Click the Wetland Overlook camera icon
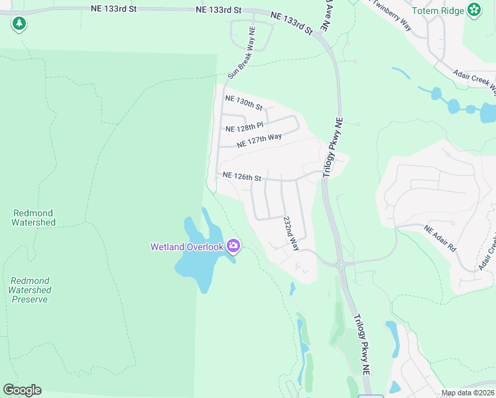click(x=233, y=246)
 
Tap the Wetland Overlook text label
click(x=188, y=247)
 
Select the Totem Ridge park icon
click(x=474, y=10)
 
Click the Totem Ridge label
click(x=438, y=10)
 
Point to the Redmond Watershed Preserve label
click(x=31, y=290)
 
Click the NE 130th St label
click(x=244, y=102)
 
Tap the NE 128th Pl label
click(x=245, y=127)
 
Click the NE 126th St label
click(x=242, y=176)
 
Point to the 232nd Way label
click(x=291, y=233)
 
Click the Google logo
click(x=22, y=389)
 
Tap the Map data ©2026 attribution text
click(x=467, y=393)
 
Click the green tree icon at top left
click(x=19, y=25)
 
